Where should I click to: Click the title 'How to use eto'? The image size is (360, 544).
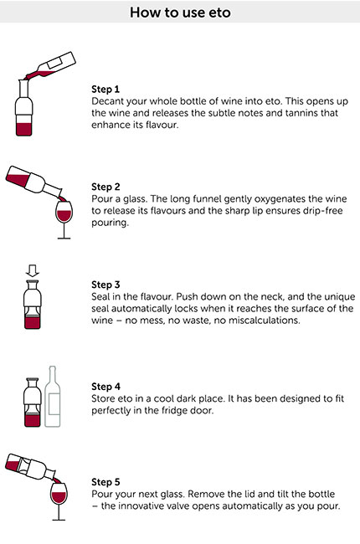tap(180, 13)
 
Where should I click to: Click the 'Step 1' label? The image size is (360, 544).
tap(105, 88)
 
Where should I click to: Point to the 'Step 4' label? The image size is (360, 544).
tap(105, 387)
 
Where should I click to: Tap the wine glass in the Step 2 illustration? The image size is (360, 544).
tap(63, 218)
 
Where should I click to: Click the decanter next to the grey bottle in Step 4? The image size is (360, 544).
tap(32, 400)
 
